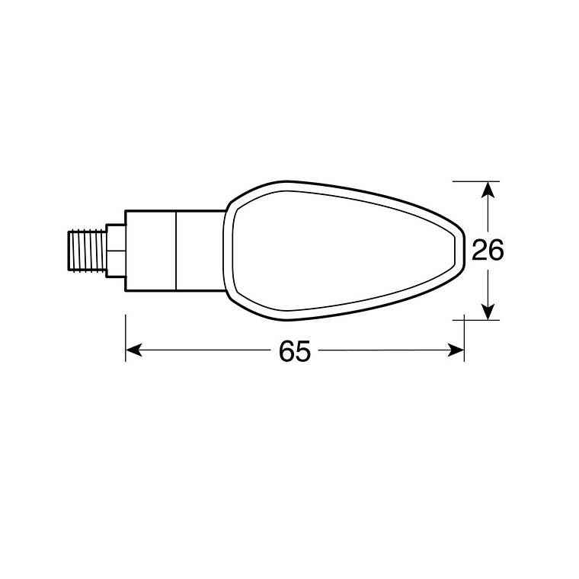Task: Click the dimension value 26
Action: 488,250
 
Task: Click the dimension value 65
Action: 295,351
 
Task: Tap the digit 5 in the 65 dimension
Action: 304,351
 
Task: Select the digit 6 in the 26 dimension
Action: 497,250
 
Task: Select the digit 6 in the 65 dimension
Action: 286,351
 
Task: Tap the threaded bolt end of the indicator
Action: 85,250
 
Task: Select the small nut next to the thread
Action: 115,250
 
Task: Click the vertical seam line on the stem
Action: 176,250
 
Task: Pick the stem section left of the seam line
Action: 151,250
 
